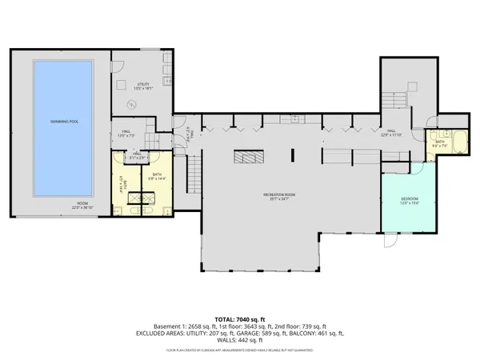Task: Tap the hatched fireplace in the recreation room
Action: (248, 158)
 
